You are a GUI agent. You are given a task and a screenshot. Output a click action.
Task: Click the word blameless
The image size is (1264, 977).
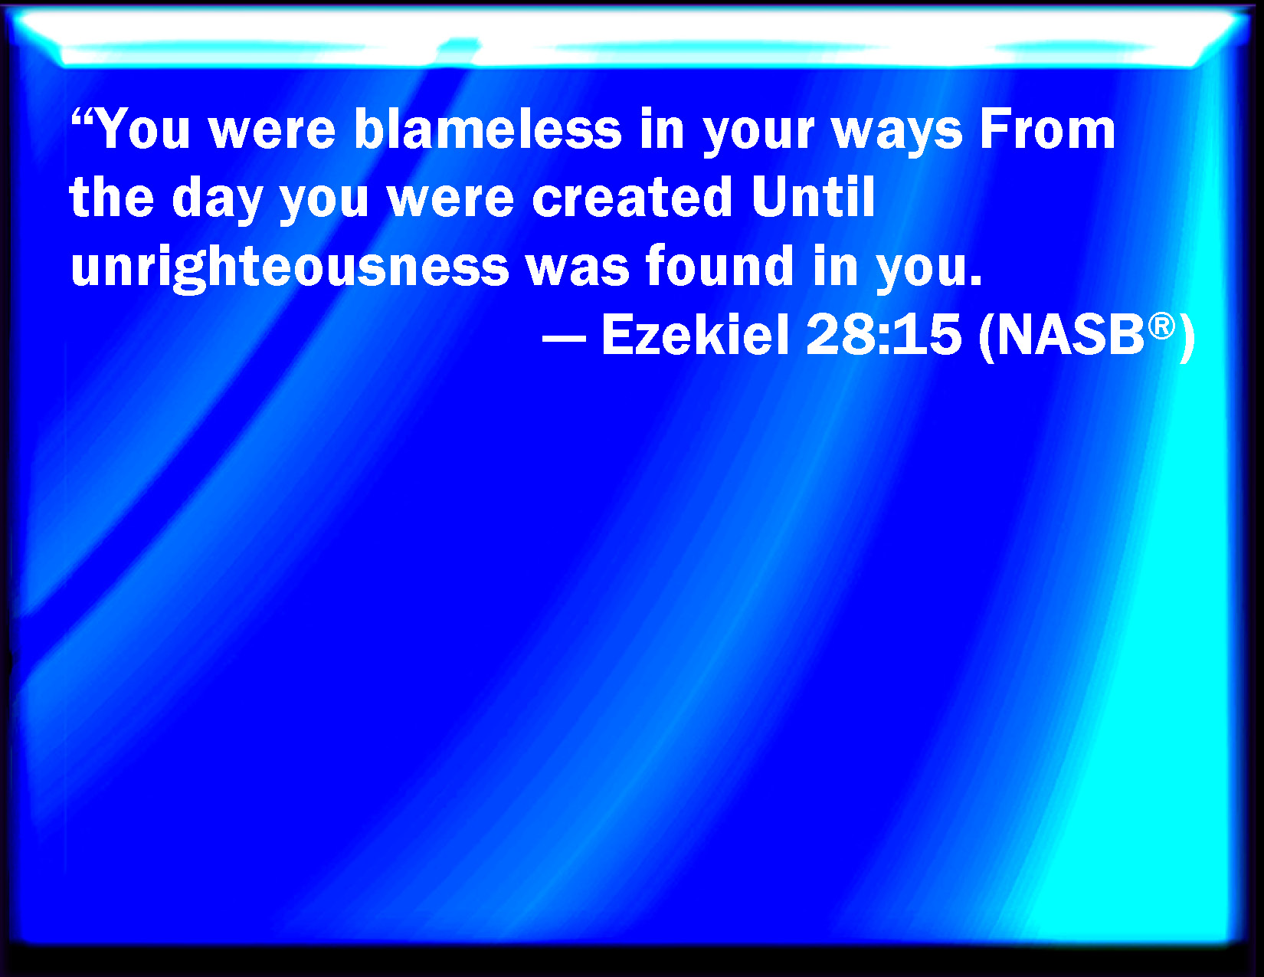(488, 129)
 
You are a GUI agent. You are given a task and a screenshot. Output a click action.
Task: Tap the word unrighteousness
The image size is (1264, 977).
(290, 267)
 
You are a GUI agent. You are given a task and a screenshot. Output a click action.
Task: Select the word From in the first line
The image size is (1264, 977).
(1047, 130)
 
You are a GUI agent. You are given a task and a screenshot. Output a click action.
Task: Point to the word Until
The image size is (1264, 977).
(814, 197)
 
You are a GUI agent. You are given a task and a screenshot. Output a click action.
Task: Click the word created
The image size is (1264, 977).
(632, 197)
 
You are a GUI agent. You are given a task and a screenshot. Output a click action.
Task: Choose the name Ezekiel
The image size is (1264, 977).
(695, 334)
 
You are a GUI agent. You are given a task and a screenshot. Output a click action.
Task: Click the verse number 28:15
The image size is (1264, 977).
(884, 335)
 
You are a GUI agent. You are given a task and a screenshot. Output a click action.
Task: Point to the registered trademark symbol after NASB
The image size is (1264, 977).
(1161, 326)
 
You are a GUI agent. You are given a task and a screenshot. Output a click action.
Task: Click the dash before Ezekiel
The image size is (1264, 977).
(564, 339)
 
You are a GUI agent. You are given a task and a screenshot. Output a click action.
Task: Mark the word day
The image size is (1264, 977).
(218, 200)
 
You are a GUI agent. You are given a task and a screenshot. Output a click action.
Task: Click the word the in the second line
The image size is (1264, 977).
(112, 197)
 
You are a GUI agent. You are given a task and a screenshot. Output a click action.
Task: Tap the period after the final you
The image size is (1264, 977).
(976, 281)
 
